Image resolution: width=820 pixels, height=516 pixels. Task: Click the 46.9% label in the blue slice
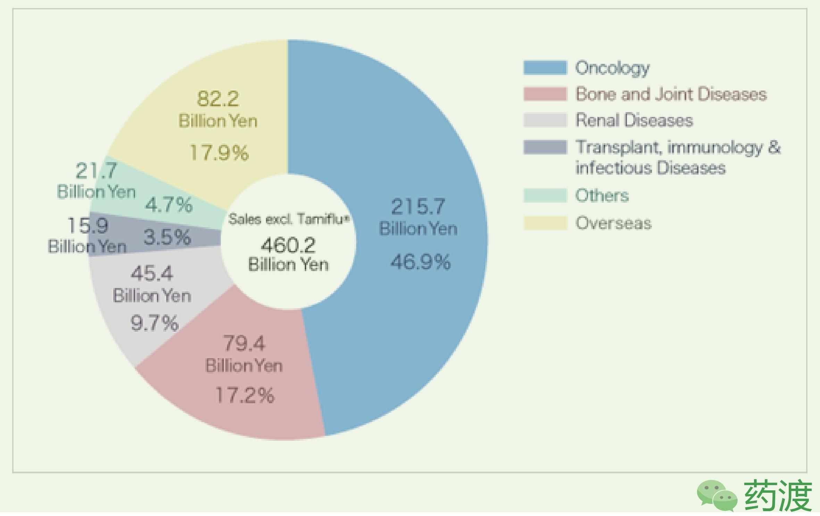420,262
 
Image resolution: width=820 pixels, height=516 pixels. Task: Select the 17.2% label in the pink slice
245,395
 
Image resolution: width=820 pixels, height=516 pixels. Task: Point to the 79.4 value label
244,343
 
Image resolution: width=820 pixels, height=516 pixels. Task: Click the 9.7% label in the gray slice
154,323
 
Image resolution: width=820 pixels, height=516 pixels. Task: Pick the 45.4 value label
152,273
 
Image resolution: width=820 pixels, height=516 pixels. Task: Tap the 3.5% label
167,237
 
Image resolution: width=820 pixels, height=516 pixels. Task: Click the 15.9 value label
88,225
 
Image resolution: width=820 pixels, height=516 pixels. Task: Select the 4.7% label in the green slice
168,204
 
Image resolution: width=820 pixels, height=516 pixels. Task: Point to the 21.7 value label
96,170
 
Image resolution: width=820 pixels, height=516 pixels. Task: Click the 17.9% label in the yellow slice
219,152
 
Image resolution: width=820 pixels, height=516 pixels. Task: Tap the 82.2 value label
218,99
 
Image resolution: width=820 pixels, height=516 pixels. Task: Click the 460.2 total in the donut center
288,245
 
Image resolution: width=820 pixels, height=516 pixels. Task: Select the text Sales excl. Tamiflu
288,219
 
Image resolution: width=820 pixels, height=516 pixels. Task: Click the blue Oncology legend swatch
545,67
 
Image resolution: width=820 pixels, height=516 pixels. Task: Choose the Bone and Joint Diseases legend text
671,94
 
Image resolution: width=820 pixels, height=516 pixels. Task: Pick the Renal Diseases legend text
634,120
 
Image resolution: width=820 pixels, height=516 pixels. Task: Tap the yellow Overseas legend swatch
545,223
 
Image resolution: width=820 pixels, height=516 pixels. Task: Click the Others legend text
602,195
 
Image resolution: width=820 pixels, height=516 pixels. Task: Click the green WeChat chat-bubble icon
717,495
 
